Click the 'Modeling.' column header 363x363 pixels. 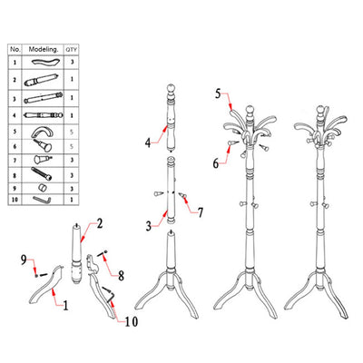[x=44, y=49]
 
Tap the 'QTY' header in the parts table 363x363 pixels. [x=72, y=50]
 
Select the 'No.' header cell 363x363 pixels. [x=15, y=49]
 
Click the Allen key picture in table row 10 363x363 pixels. [x=42, y=200]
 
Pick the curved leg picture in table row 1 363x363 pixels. [x=45, y=62]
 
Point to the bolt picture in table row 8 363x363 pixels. [x=42, y=174]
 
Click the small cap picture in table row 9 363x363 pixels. [x=43, y=188]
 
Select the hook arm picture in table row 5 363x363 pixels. [x=43, y=132]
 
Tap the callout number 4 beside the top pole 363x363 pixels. [x=148, y=142]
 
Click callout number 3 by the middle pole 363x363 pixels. [x=149, y=226]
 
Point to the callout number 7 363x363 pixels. [x=201, y=212]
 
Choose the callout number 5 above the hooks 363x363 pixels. [x=218, y=93]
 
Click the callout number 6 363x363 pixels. [x=215, y=163]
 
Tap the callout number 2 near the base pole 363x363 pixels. [x=100, y=223]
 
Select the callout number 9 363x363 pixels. [x=24, y=260]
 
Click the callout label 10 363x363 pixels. [x=132, y=321]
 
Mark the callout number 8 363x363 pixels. [x=121, y=276]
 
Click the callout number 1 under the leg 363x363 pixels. [x=65, y=305]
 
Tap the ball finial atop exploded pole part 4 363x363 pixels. [x=172, y=89]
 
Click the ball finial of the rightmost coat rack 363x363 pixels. [x=319, y=109]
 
